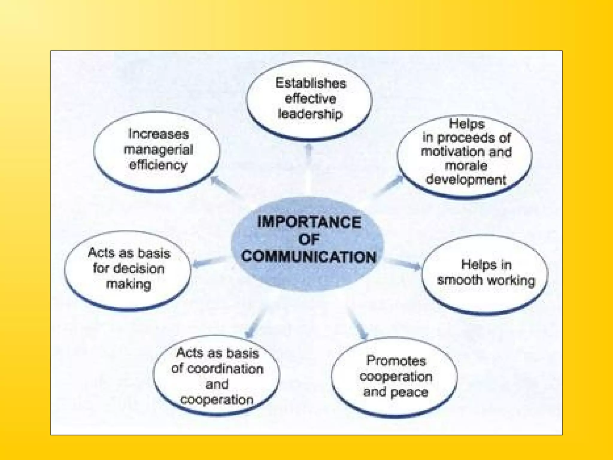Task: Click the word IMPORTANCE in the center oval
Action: pos(309,222)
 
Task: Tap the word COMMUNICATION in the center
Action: pos(309,257)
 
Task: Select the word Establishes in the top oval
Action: pos(310,83)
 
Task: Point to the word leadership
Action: pos(310,114)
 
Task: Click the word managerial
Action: pos(158,149)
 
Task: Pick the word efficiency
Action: pos(158,165)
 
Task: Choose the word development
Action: pos(466,180)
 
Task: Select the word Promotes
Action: pos(396,361)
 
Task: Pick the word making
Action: pos(128,284)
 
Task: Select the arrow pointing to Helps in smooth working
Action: pos(404,264)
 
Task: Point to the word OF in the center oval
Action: pos(309,240)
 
